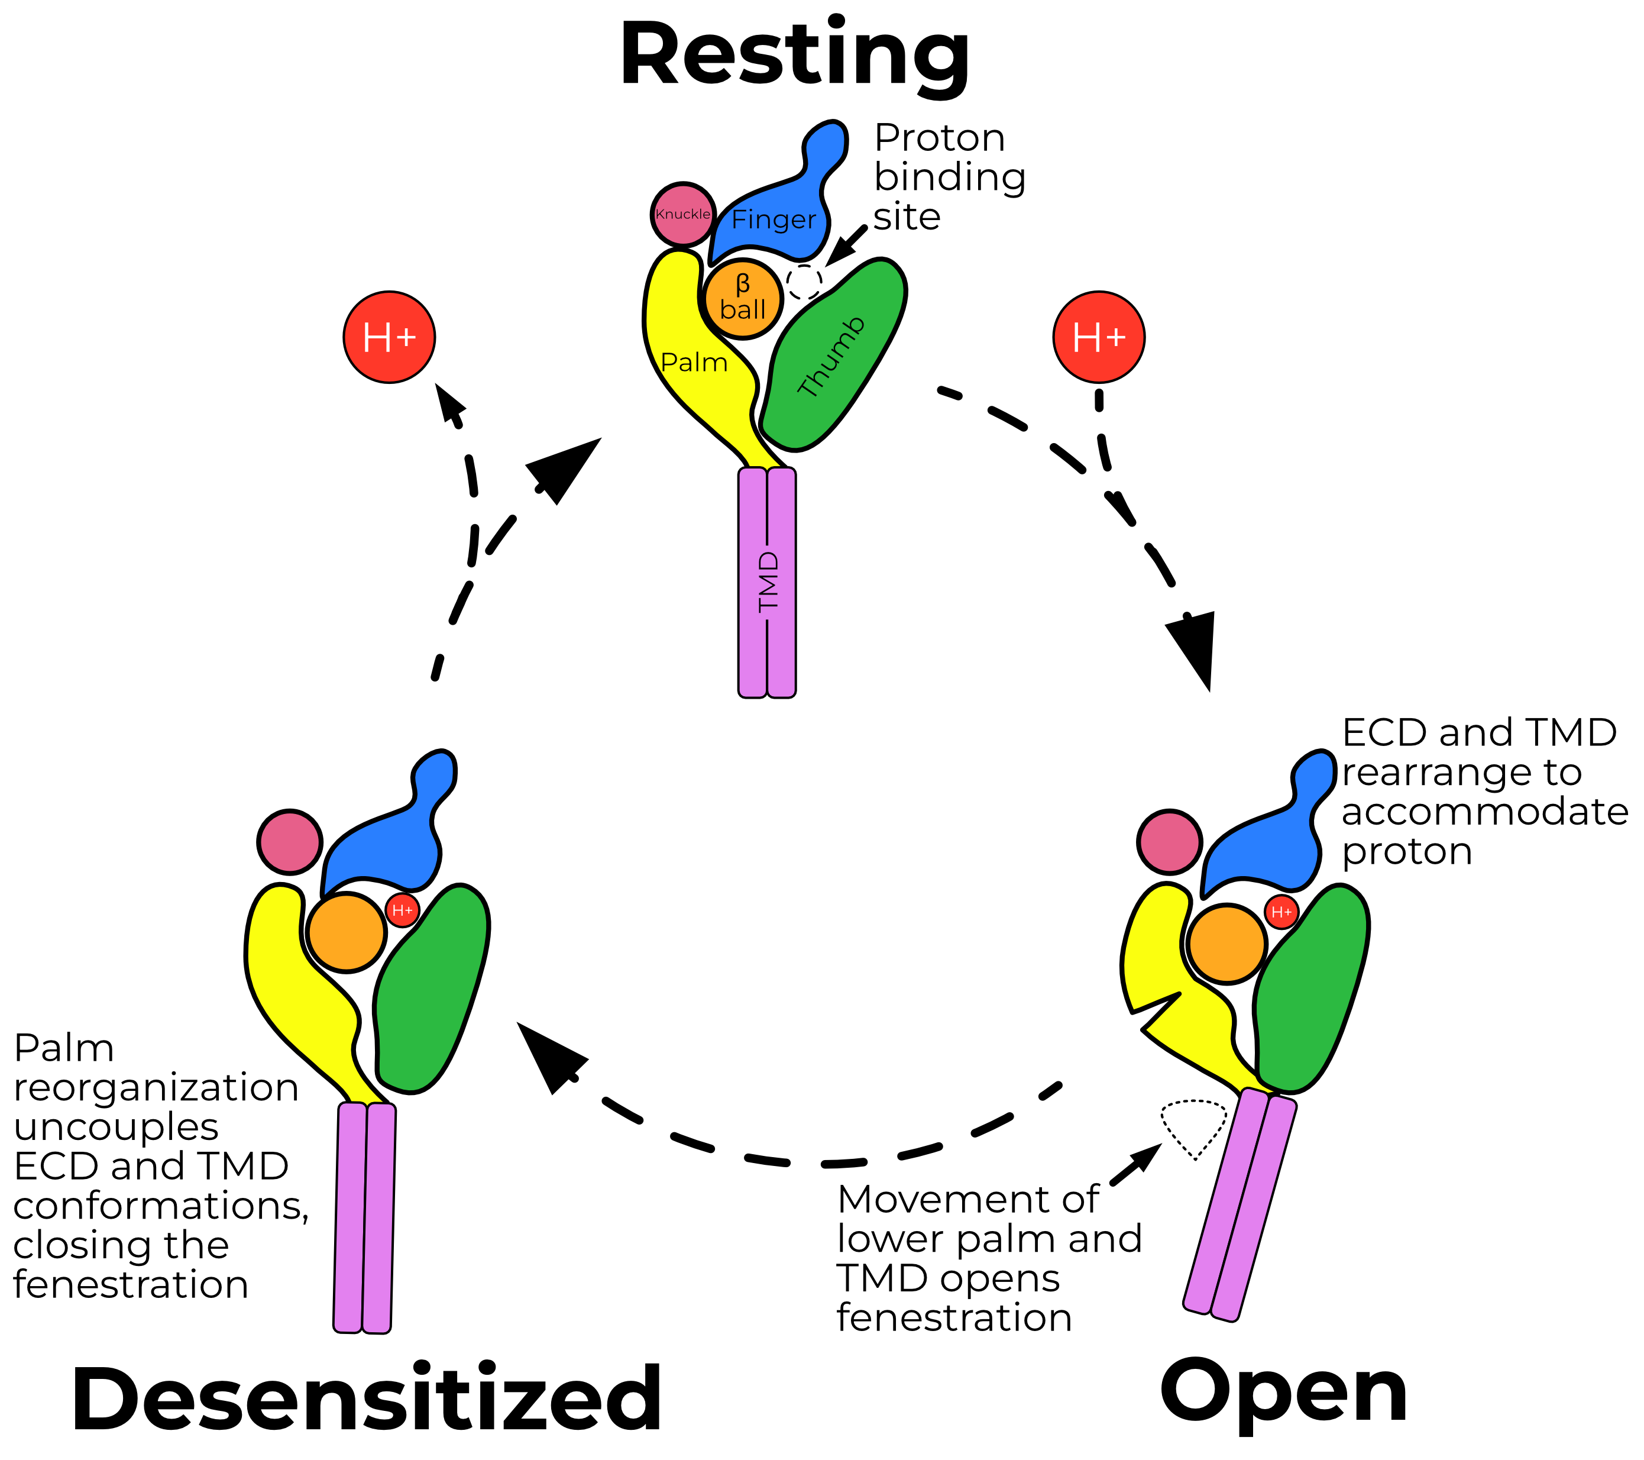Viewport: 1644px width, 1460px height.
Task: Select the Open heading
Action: [1284, 1393]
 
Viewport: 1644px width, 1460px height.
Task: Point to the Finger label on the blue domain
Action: [773, 219]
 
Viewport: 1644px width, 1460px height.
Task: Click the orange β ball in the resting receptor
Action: [742, 298]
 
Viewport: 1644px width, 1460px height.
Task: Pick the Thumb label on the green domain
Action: [831, 356]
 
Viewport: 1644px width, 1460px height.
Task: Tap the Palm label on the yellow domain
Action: [693, 363]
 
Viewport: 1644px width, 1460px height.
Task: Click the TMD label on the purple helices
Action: [769, 582]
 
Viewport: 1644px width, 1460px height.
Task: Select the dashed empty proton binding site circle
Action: [804, 282]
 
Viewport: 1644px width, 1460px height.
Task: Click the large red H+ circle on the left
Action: [389, 337]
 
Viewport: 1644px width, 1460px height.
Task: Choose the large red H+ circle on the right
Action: [1099, 337]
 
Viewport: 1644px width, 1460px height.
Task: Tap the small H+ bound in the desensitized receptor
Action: [402, 910]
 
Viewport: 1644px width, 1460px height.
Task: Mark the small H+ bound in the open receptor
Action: [1281, 912]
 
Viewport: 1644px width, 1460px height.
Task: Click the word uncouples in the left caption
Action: [116, 1127]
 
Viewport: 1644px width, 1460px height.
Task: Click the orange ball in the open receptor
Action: [1226, 944]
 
